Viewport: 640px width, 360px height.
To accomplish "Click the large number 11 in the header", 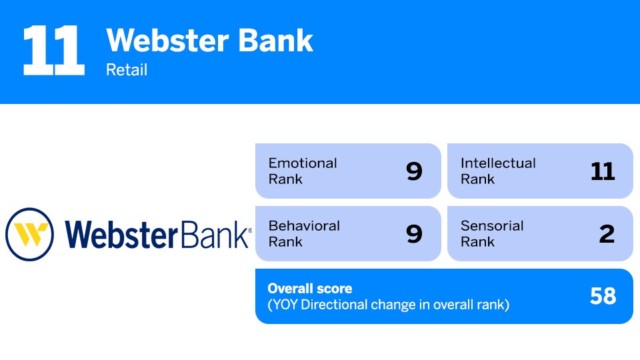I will [x=53, y=51].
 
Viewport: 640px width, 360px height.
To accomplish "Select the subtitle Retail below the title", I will [x=127, y=70].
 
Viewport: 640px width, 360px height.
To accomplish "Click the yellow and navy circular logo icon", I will [x=29, y=234].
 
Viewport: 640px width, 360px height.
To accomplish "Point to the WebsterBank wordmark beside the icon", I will [x=158, y=234].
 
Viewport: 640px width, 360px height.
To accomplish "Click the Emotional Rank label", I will [x=303, y=171].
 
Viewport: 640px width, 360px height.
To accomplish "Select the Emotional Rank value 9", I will [x=414, y=171].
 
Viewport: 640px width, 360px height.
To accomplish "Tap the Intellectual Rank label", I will [x=498, y=171].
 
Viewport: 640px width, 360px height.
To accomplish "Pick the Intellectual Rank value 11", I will [x=603, y=171].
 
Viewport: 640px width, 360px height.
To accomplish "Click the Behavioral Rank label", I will [x=304, y=234].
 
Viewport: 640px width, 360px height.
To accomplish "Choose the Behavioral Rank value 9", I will [x=414, y=234].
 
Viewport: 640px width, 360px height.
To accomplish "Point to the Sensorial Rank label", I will [x=492, y=234].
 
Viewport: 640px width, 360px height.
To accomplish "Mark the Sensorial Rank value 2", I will [x=606, y=234].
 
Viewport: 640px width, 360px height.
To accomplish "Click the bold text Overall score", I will [x=310, y=289].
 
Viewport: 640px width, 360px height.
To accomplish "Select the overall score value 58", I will [x=603, y=297].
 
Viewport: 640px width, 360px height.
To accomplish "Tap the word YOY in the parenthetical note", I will [x=286, y=306].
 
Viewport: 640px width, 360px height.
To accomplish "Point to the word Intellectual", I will [x=498, y=163].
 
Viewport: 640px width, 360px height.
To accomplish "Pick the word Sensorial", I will [x=492, y=226].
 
